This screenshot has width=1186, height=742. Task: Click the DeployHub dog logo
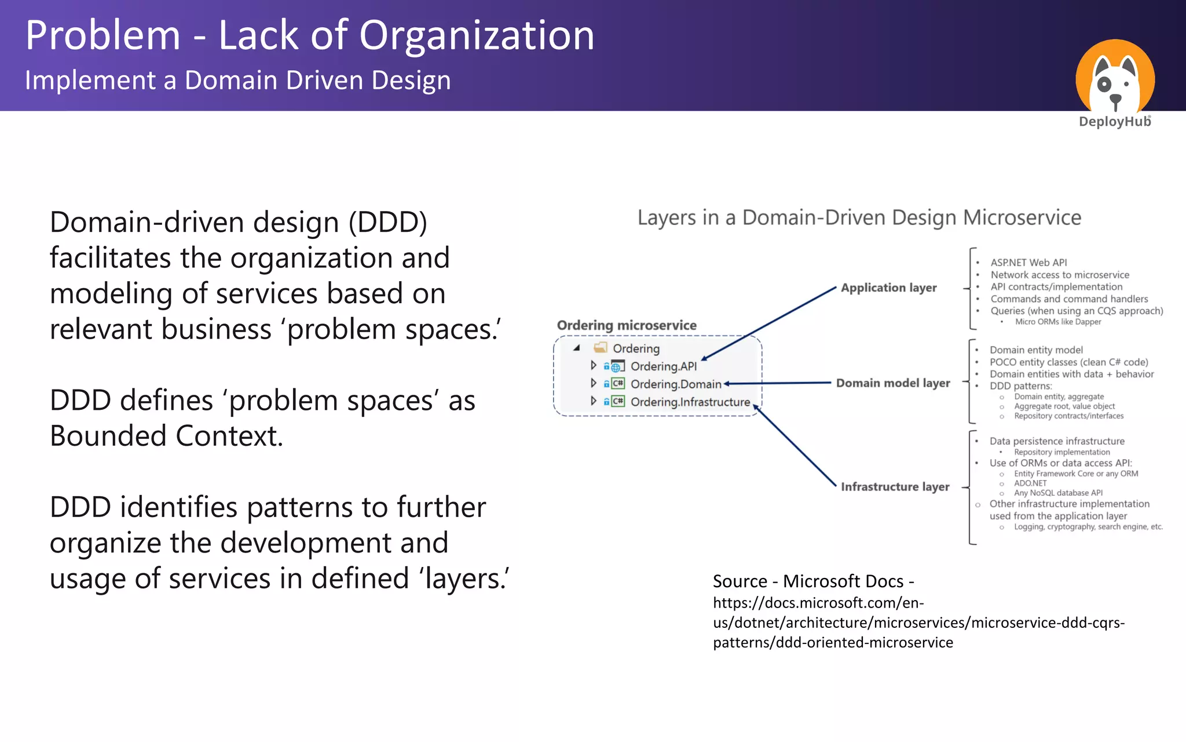coord(1115,78)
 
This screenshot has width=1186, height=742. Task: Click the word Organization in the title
coord(476,36)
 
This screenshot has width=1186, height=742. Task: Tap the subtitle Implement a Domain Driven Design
coord(237,80)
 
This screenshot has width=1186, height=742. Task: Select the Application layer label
coord(888,288)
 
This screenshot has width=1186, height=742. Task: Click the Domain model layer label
coord(892,383)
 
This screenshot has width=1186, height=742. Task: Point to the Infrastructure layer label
coord(895,487)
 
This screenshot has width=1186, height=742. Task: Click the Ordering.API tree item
coord(663,366)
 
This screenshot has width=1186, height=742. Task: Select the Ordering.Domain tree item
coord(675,384)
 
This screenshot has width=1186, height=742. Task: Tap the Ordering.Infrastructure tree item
coord(690,402)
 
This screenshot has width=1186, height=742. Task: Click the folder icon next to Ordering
coord(601,348)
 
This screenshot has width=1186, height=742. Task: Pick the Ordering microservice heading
coord(626,325)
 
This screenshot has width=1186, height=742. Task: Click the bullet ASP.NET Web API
coord(1028,263)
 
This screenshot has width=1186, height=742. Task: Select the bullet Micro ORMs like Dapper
coord(1057,322)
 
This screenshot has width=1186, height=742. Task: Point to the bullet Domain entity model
coord(1035,350)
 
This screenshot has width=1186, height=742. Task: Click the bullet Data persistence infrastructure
coord(1056,441)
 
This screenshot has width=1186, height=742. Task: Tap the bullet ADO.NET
coord(1030,483)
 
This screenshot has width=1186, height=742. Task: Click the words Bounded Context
coord(166,436)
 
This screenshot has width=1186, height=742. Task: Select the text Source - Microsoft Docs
coord(812,581)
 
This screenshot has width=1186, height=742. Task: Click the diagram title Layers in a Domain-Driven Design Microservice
coord(859,218)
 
